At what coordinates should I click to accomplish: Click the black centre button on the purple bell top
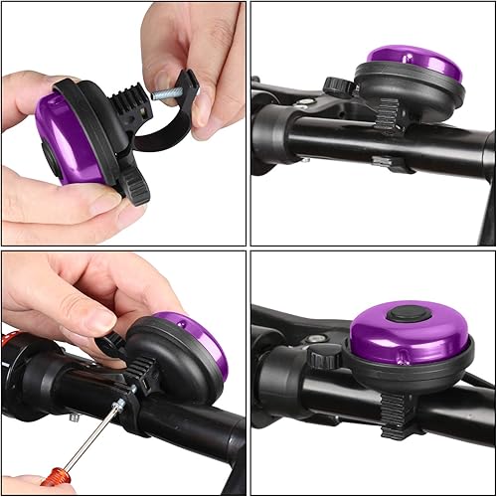click(x=402, y=314)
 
